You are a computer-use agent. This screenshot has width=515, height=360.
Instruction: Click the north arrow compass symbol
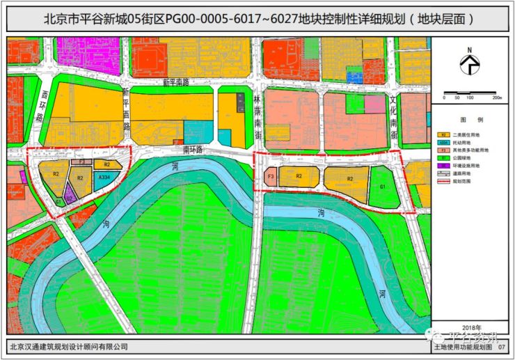pos(471,64)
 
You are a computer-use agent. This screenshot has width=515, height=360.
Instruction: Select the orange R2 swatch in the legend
pos(442,134)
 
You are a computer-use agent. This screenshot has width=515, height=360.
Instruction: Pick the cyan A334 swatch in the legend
pos(442,142)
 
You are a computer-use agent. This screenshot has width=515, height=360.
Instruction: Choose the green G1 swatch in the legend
pos(442,158)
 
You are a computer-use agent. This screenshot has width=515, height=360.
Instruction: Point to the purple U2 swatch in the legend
pos(442,166)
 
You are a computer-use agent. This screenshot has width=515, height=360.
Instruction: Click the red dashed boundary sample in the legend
pos(442,182)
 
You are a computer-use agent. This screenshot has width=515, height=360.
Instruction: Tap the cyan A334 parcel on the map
pos(104,178)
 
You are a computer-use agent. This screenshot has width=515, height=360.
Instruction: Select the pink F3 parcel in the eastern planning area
pos(270,177)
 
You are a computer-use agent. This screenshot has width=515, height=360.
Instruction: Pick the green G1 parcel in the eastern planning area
pos(383,188)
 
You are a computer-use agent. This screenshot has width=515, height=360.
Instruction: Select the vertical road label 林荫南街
pos(256,111)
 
